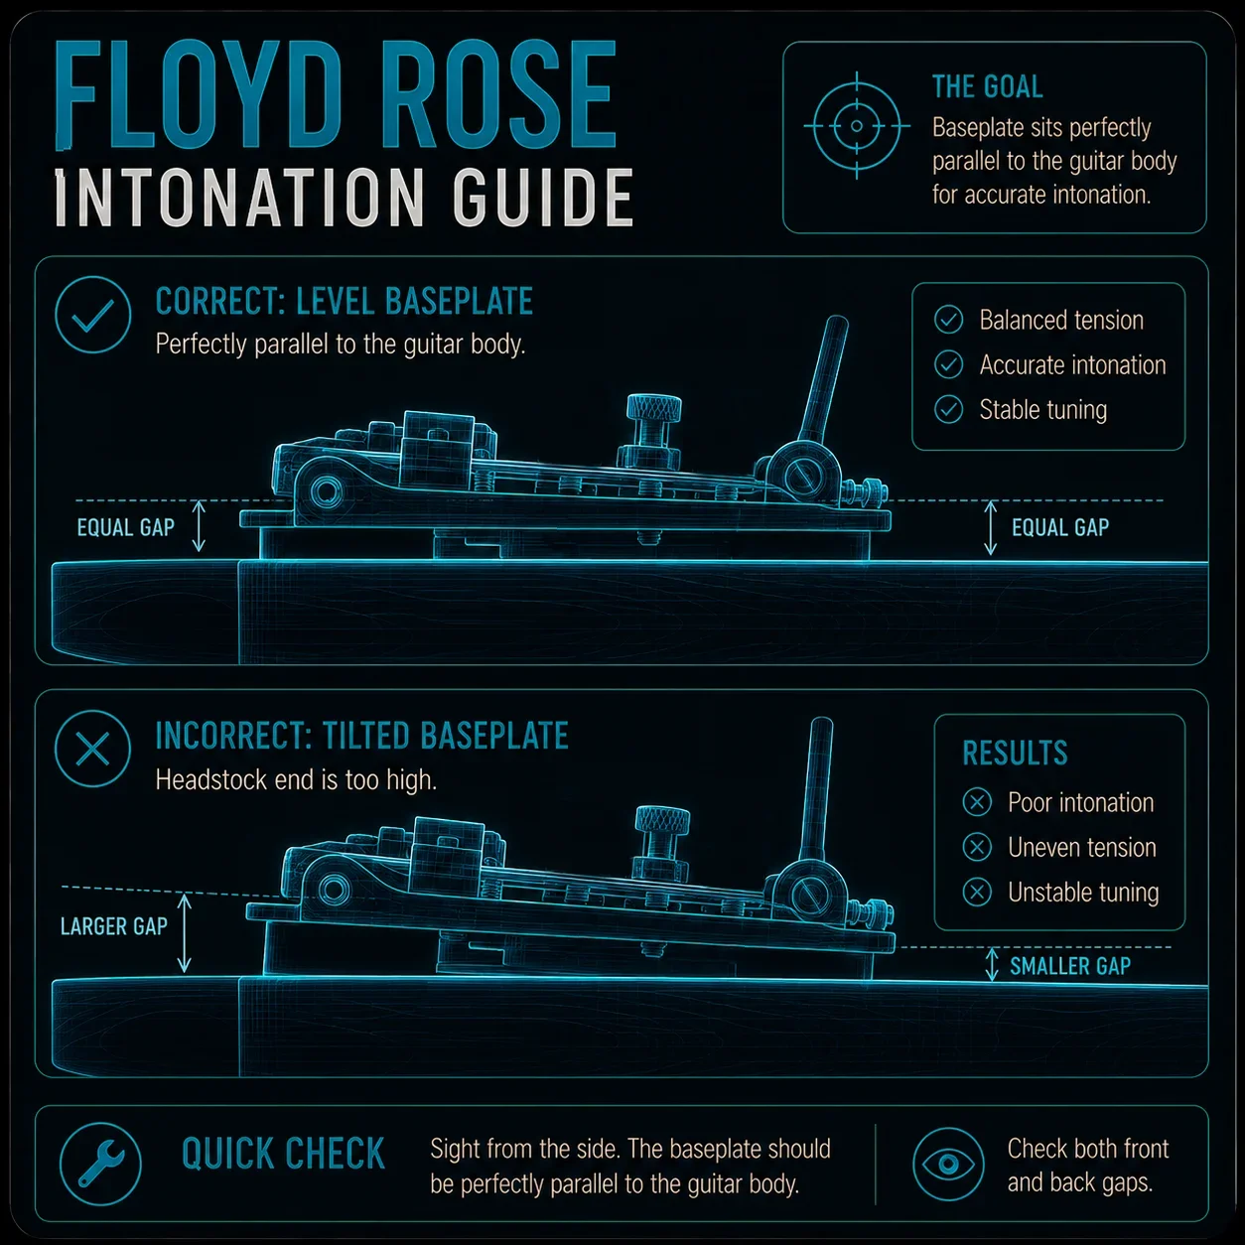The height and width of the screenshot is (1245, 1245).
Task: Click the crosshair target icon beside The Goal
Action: pyautogui.click(x=857, y=126)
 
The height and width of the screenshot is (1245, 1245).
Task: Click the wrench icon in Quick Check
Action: pyautogui.click(x=100, y=1165)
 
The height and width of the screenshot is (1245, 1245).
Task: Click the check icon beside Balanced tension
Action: pyautogui.click(x=948, y=320)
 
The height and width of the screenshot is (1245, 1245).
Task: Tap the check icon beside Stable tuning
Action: pyautogui.click(x=948, y=410)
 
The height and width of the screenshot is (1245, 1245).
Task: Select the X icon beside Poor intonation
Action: pyautogui.click(x=977, y=802)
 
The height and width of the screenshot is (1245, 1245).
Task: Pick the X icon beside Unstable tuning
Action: pyautogui.click(x=977, y=893)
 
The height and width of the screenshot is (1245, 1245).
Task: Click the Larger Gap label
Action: pyautogui.click(x=114, y=926)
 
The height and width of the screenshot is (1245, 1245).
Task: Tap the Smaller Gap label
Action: pyautogui.click(x=1070, y=967)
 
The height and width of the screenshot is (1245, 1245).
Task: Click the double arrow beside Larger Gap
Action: pyautogui.click(x=185, y=933)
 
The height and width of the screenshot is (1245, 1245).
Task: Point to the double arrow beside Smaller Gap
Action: pyautogui.click(x=992, y=965)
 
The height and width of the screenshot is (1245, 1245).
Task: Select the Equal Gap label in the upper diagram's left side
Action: pyautogui.click(x=126, y=528)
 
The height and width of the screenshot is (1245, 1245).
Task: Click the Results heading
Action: pyautogui.click(x=1015, y=753)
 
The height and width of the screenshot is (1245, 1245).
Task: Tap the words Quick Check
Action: pyautogui.click(x=283, y=1154)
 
